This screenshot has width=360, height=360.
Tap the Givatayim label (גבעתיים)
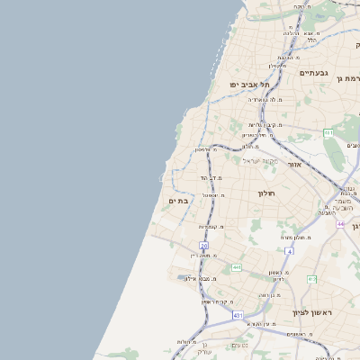click(x=314, y=72)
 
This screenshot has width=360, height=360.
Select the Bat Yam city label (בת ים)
click(x=178, y=201)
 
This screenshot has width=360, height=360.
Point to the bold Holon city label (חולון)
click(x=265, y=193)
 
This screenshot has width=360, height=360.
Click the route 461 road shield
click(x=329, y=133)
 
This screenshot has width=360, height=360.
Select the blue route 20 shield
click(x=203, y=245)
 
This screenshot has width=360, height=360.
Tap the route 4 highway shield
click(x=289, y=250)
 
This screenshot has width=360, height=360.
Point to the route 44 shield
click(x=341, y=223)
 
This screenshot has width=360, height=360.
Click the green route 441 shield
click(x=236, y=267)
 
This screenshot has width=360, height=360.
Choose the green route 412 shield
click(x=311, y=279)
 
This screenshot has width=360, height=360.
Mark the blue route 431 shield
click(x=238, y=315)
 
